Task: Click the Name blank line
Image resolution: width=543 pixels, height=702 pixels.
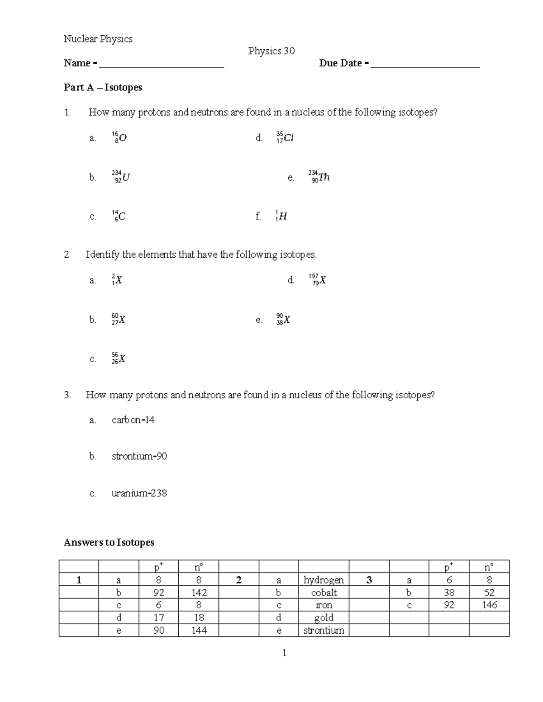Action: [x=162, y=66]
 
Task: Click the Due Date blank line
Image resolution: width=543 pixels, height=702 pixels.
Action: [x=424, y=66]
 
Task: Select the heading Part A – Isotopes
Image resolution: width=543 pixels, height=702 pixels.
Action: [x=103, y=87]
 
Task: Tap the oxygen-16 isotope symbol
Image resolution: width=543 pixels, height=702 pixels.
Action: [x=119, y=137]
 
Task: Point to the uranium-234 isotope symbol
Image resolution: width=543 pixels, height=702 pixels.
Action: [x=121, y=177]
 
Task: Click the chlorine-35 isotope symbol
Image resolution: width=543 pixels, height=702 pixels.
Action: [x=285, y=137]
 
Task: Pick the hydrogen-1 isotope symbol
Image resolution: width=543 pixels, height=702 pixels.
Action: [x=281, y=217]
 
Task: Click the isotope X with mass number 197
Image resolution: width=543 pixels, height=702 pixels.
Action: [x=317, y=280]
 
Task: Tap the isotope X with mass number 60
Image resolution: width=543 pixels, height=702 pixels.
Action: [x=118, y=320]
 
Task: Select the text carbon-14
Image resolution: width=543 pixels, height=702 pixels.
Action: [x=133, y=420]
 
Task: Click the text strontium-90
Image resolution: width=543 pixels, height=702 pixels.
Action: [x=139, y=457]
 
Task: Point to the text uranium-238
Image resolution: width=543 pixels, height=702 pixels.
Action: [x=139, y=493]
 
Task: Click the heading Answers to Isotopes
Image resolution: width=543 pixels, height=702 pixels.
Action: [x=109, y=542]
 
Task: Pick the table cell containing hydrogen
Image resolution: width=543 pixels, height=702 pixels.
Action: [x=324, y=580]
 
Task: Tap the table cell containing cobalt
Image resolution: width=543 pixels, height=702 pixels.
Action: [x=324, y=593]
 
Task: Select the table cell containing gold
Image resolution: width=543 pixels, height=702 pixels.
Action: [x=324, y=617]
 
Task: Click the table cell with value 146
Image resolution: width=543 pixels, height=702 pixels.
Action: [x=489, y=605]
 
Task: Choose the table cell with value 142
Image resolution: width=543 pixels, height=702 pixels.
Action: [x=199, y=593]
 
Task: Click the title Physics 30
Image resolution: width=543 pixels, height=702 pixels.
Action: [x=271, y=51]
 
